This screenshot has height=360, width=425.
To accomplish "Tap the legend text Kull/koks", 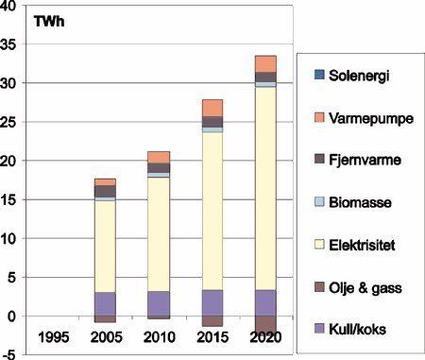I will click(360, 329).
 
